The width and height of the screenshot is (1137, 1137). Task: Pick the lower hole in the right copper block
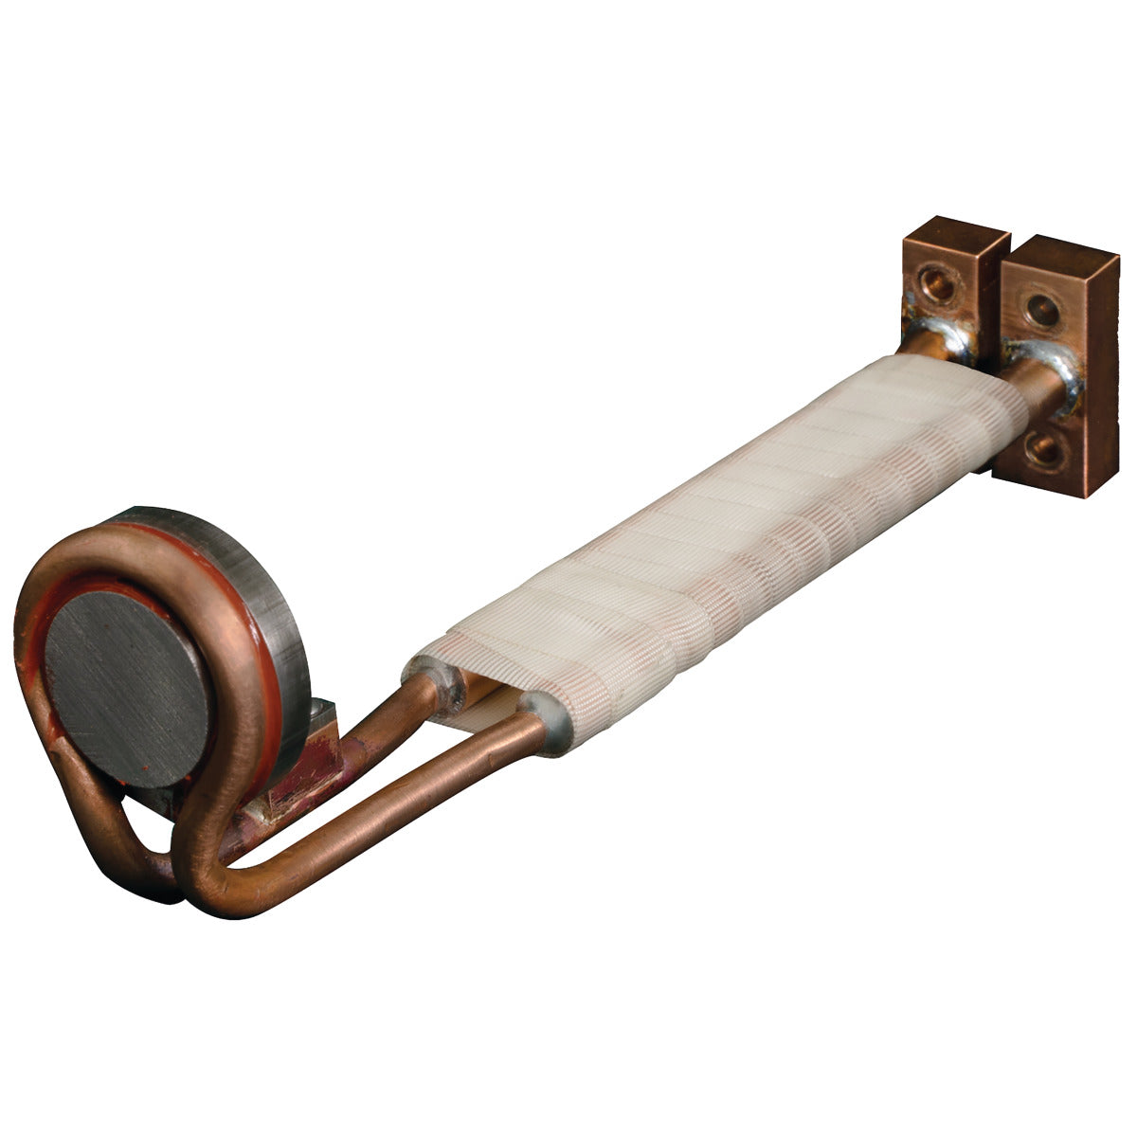tap(1045, 445)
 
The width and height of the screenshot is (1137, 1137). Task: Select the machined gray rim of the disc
tap(256, 568)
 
